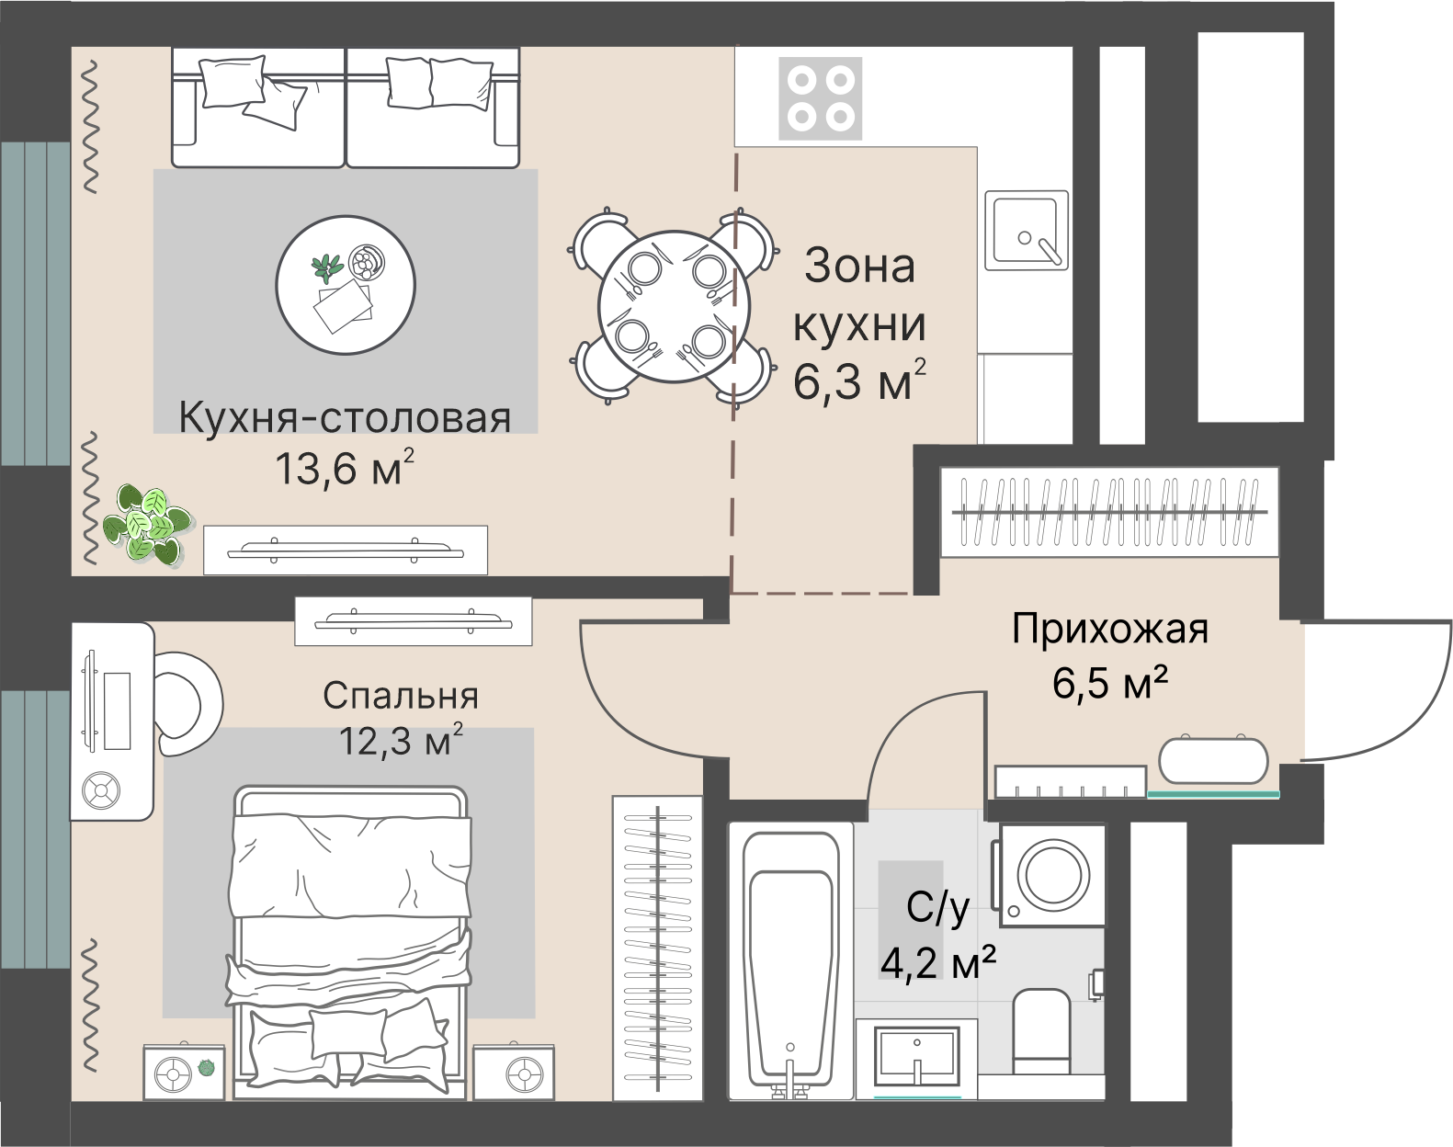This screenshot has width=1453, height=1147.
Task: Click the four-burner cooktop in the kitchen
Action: (820, 97)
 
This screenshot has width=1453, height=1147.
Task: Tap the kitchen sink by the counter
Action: (1026, 230)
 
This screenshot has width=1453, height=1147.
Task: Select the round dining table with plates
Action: (670, 307)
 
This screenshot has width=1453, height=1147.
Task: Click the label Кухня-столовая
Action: (345, 418)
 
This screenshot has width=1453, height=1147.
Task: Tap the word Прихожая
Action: (1109, 630)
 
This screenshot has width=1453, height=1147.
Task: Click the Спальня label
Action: (401, 697)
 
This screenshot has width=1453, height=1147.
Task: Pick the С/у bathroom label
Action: (937, 909)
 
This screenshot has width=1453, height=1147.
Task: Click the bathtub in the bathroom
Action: (793, 960)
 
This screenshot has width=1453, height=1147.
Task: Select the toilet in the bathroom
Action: (1041, 1029)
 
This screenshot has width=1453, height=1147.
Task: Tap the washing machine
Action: (1051, 873)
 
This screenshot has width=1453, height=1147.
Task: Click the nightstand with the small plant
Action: (184, 1071)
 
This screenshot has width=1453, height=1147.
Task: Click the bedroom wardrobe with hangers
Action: (657, 947)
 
